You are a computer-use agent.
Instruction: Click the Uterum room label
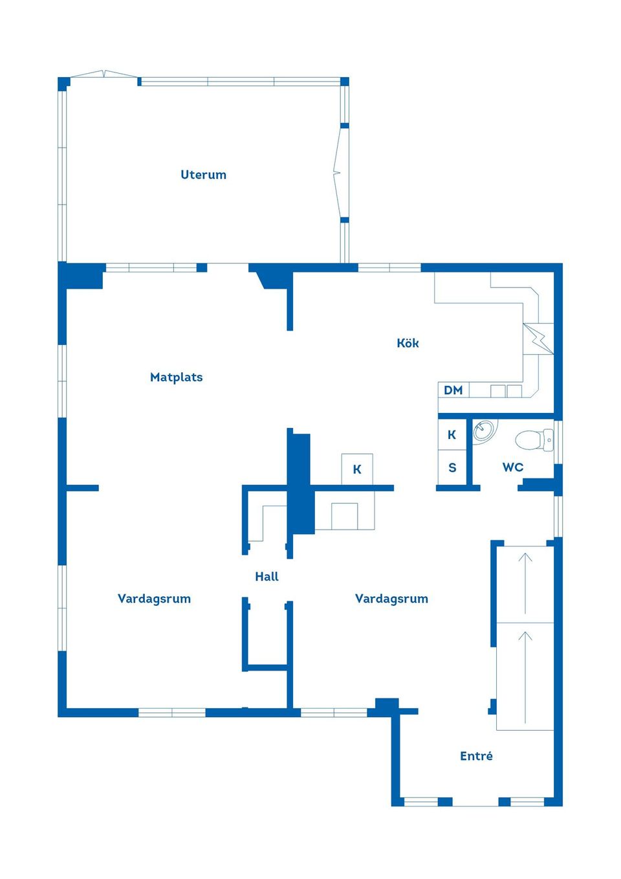[x=203, y=175]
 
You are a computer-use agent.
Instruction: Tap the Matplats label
[x=176, y=377]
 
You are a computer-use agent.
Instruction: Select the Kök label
[x=408, y=343]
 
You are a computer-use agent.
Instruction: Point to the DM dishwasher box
[x=453, y=390]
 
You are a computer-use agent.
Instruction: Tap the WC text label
[x=513, y=467]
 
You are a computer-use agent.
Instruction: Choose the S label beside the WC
[x=452, y=468]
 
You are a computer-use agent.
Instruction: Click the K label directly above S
[x=452, y=435]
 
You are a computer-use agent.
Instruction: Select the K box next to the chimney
[x=357, y=469]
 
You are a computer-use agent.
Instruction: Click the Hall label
[x=267, y=577]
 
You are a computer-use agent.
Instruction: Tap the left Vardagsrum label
[x=154, y=599]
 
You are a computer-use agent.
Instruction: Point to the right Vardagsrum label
[x=391, y=599]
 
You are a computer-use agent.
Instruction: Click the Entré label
[x=476, y=756]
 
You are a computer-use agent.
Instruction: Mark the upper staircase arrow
[x=525, y=583]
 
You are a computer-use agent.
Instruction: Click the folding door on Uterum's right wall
[x=338, y=173]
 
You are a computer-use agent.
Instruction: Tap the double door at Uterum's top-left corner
[x=103, y=74]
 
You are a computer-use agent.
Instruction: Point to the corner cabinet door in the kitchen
[x=538, y=338]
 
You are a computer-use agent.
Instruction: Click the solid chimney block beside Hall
[x=300, y=482]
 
